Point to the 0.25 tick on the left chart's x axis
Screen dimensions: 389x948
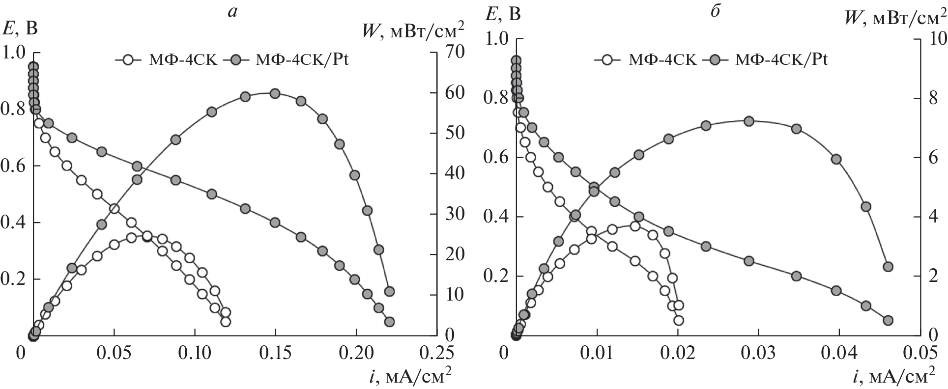pos(436,353)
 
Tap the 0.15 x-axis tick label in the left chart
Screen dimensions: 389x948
pos(275,353)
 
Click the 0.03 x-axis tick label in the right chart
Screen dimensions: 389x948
pos(758,353)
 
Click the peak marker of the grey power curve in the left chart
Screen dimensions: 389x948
pos(275,93)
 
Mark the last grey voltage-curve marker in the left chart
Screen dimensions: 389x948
pos(389,322)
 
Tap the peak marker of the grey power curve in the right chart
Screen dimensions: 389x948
pos(749,121)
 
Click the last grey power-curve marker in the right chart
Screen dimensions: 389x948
pos(888,267)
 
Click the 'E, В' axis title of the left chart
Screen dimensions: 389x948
pos(20,28)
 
